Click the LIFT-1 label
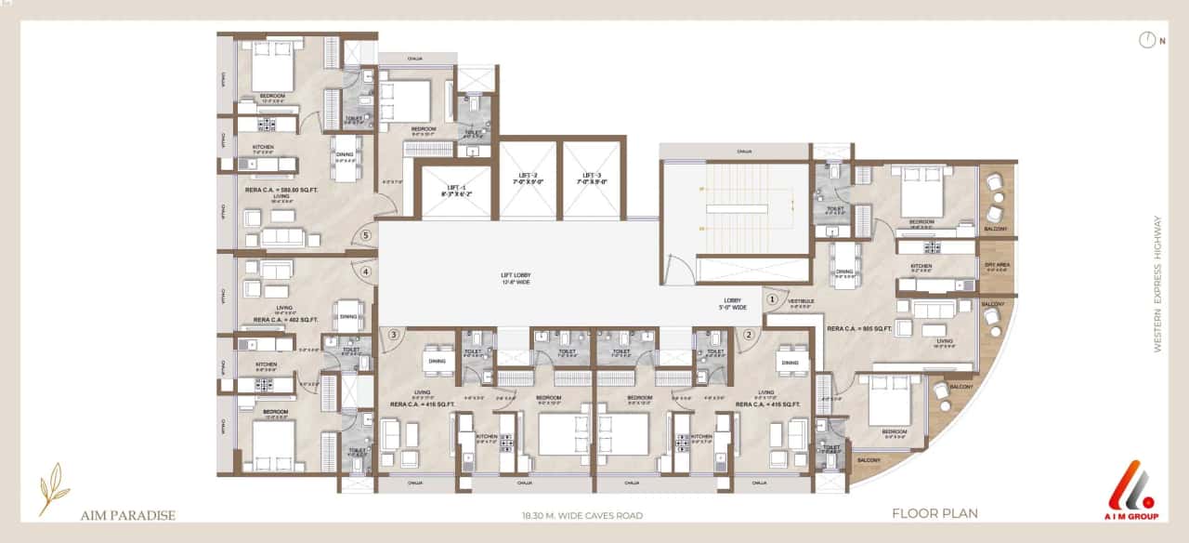point(456,190)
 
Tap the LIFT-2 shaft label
point(528,179)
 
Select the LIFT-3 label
point(593,179)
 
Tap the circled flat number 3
point(394,335)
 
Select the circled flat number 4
point(366,271)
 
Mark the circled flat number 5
point(366,235)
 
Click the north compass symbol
point(1148,40)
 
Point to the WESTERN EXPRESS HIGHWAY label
point(1157,284)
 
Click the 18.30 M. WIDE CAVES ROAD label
point(582,514)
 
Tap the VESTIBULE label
point(802,300)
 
